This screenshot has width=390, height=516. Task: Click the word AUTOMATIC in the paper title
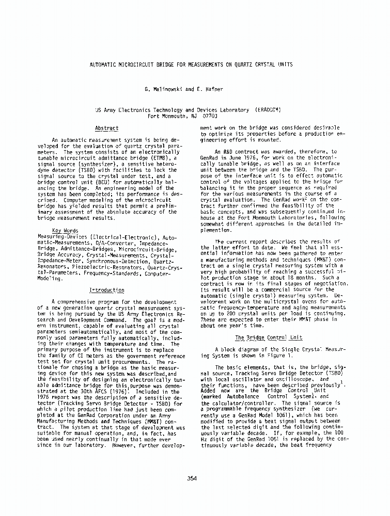pos(105,64)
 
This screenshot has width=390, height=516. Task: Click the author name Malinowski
pos(167,89)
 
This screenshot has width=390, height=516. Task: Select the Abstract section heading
pos(107,128)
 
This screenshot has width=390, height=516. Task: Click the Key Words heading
pos(65,231)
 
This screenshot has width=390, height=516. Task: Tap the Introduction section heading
pos(107,291)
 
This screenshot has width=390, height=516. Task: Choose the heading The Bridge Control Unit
pos(268,337)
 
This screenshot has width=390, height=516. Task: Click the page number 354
pos(192,478)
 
